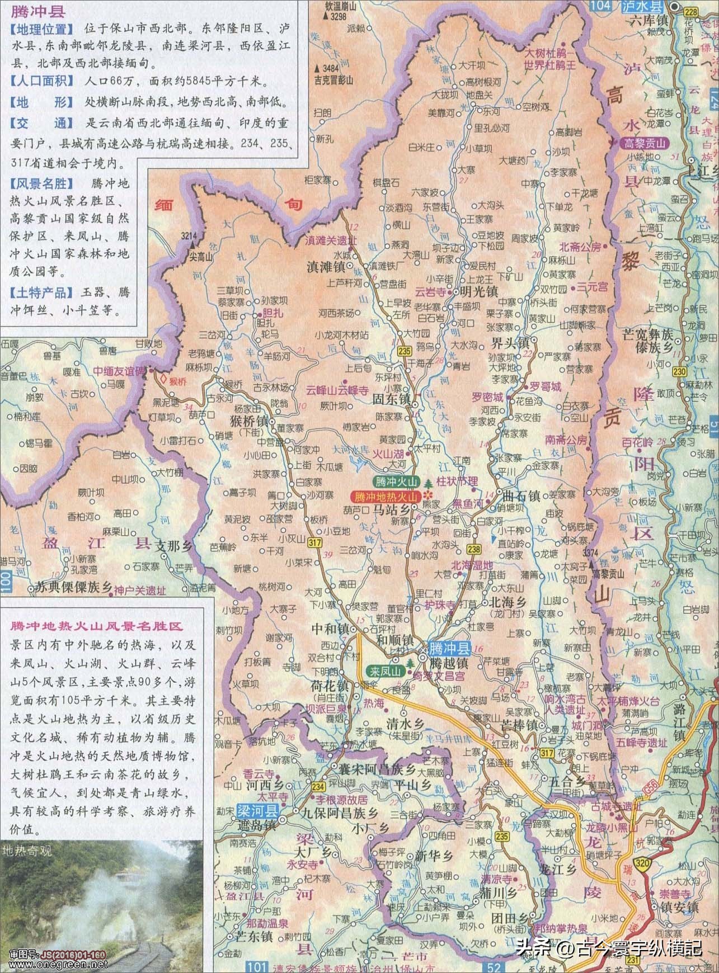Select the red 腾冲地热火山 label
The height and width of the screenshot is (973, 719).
tap(386, 496)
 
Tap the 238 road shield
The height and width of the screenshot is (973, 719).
tap(475, 549)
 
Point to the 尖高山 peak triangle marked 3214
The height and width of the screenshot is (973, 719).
tap(191, 244)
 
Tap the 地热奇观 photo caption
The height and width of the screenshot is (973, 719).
tap(27, 852)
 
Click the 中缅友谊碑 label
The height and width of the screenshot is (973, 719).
tap(119, 370)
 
